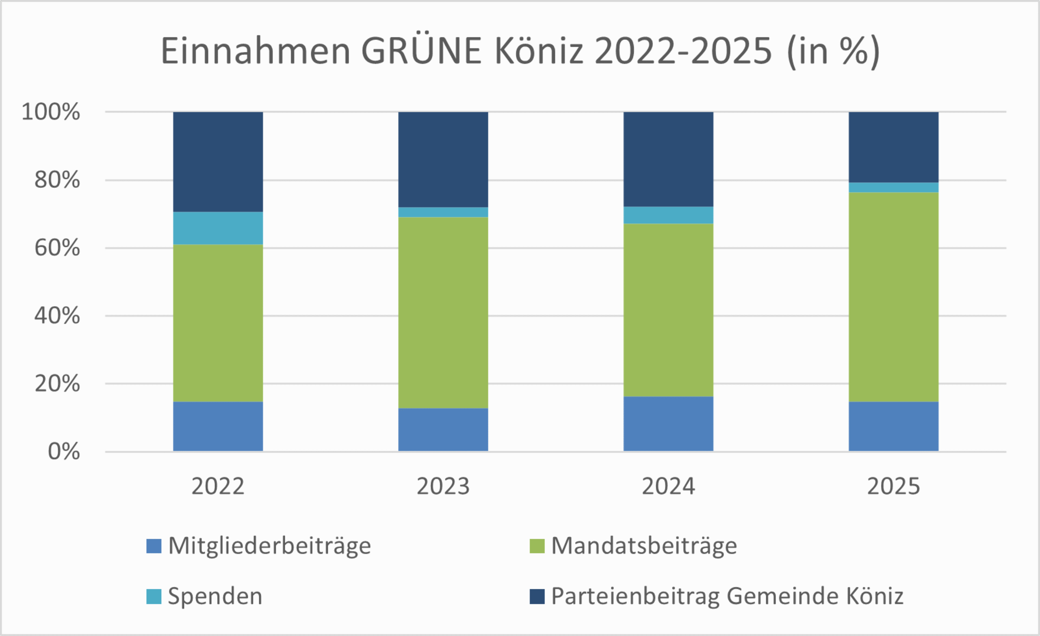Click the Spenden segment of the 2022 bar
(218, 228)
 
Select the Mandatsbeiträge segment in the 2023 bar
(443, 313)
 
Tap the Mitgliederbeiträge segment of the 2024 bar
(668, 424)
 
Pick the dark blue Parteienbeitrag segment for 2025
(893, 147)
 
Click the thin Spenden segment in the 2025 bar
(893, 187)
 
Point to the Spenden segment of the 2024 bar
(668, 215)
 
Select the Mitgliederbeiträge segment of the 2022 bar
(218, 427)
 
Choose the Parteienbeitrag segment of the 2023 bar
(443, 159)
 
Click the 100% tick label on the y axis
(51, 112)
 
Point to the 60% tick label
(57, 248)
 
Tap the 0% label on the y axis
(64, 452)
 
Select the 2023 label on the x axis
(443, 486)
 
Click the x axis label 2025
(893, 486)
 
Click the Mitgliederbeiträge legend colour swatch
(154, 546)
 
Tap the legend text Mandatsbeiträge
(644, 546)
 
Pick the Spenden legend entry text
(215, 596)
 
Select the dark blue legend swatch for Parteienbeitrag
(537, 596)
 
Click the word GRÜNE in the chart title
(421, 51)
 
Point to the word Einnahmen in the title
(256, 51)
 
